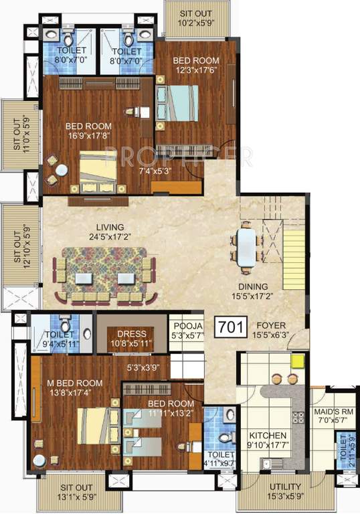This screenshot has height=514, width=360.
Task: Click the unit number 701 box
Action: click(231, 327)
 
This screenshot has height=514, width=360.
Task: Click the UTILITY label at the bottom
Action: click(286, 487)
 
